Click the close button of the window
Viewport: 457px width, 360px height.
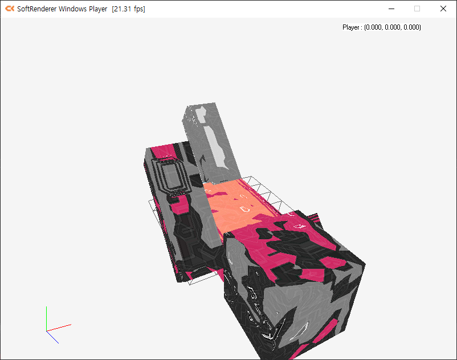point(443,9)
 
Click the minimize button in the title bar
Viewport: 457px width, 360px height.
point(391,9)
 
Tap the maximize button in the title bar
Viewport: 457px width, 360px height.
point(417,9)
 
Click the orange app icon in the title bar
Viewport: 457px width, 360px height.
point(10,9)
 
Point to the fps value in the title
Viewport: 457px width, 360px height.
point(129,9)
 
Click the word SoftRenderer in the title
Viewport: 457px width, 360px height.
point(36,9)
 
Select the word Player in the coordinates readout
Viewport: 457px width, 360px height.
point(351,27)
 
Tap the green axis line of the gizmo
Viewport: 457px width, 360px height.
point(46,318)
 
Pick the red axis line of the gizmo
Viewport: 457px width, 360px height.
point(59,328)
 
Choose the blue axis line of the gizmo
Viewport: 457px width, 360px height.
point(52,337)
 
